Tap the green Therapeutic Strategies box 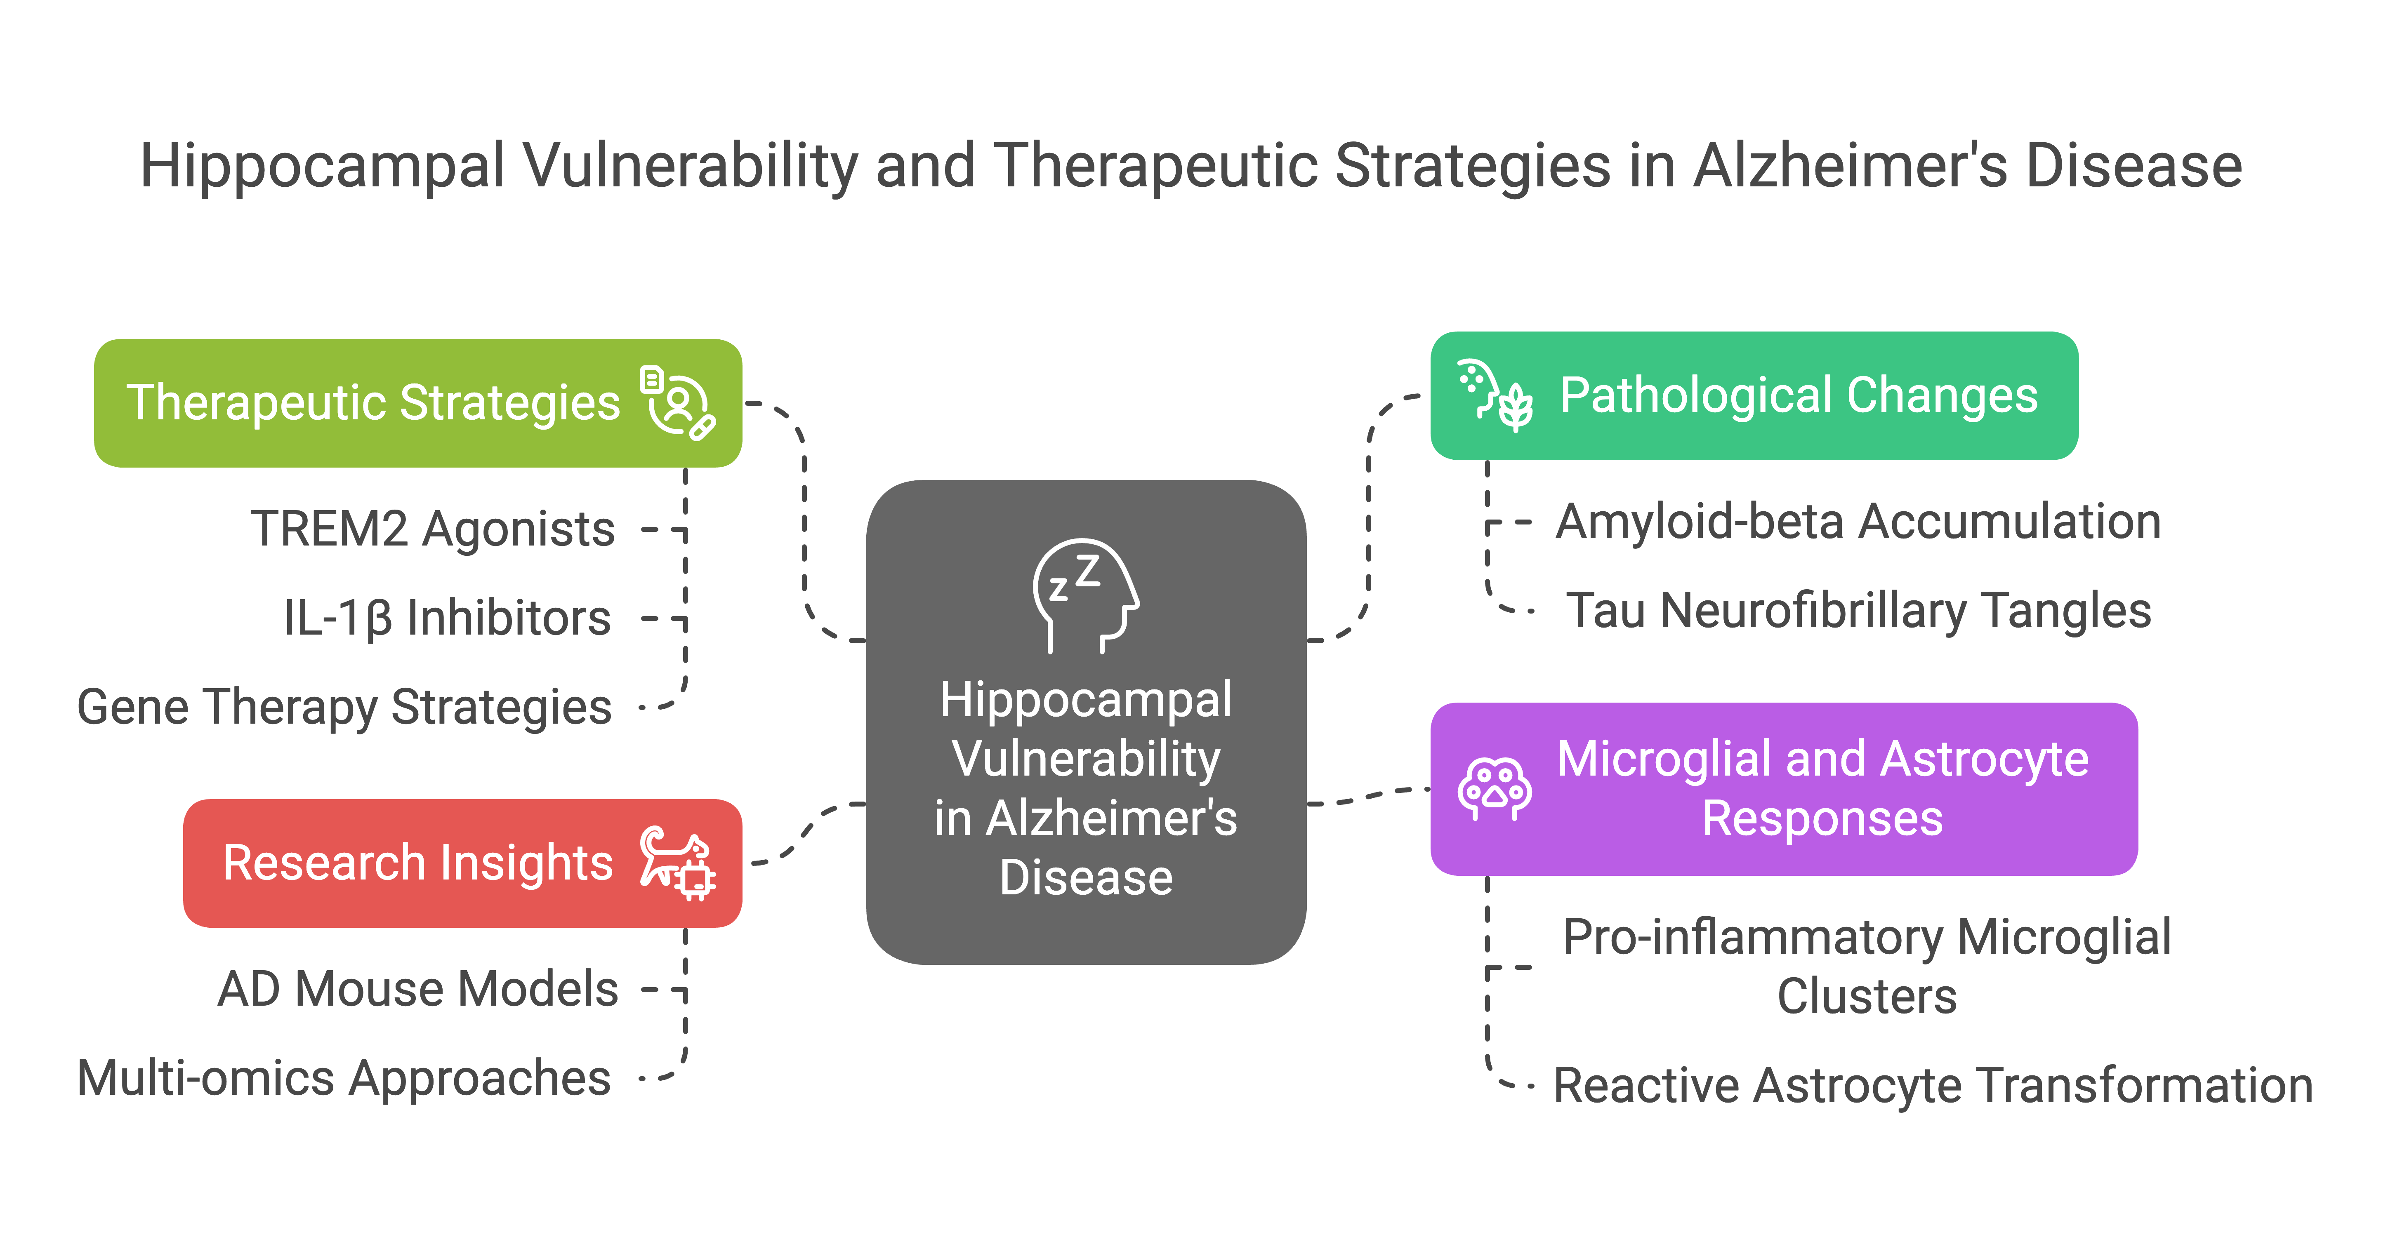tap(418, 403)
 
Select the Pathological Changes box tap(1754, 395)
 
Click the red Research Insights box tap(462, 863)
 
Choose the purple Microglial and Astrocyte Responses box tap(1784, 789)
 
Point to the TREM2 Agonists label tap(433, 529)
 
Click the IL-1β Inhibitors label tap(447, 618)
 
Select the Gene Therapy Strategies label tap(344, 708)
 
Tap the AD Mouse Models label tap(418, 990)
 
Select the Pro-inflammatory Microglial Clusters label tap(1867, 967)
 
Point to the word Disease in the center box tap(1086, 877)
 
